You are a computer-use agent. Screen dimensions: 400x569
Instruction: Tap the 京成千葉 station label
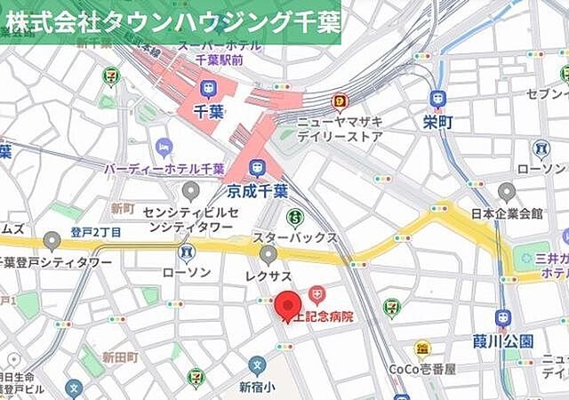pos(255,190)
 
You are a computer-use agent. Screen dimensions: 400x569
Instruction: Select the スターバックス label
pos(294,237)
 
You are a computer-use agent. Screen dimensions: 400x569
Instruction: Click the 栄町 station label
pos(437,120)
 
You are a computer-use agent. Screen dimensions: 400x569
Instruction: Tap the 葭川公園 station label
pos(503,340)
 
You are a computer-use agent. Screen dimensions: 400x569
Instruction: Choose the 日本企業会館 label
pos(506,213)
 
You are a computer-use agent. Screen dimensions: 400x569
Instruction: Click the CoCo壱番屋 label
pos(422,369)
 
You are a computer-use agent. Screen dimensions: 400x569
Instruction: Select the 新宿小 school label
pos(257,387)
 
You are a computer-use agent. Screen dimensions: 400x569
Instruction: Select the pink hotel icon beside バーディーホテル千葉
pos(164,148)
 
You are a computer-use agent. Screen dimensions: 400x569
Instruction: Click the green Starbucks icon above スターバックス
pos(294,217)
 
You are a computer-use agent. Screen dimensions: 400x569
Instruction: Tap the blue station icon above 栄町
pos(437,98)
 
